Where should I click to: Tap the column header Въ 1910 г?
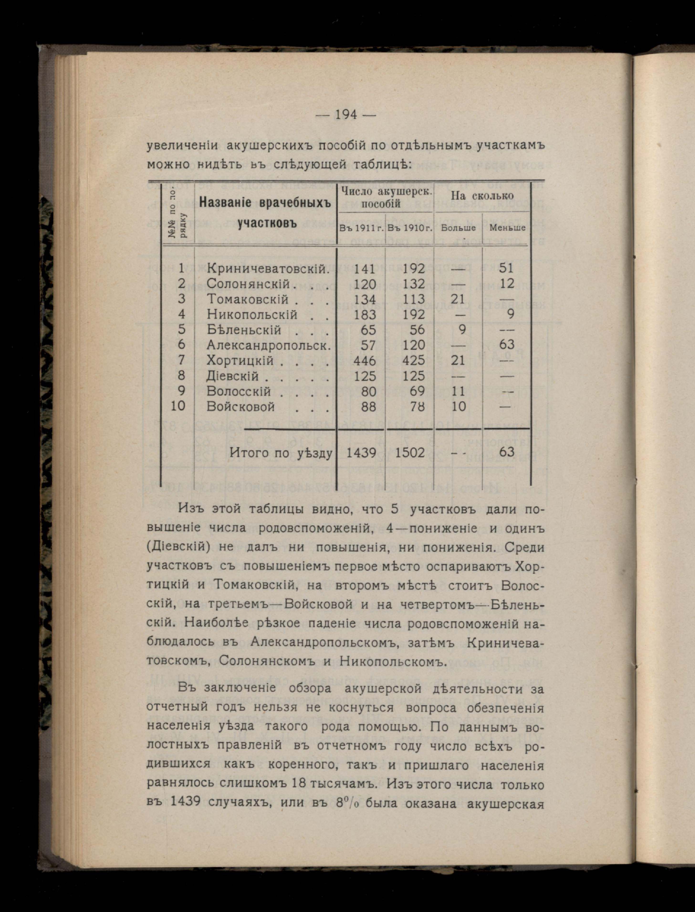coord(410,228)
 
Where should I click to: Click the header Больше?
coord(458,228)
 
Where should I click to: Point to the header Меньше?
coord(507,228)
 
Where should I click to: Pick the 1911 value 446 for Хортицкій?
coord(365,360)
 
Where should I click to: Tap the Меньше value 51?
coord(506,268)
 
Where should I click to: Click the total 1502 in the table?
coord(410,453)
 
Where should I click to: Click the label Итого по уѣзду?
coord(281,454)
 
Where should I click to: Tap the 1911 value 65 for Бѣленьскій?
coord(368,330)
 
